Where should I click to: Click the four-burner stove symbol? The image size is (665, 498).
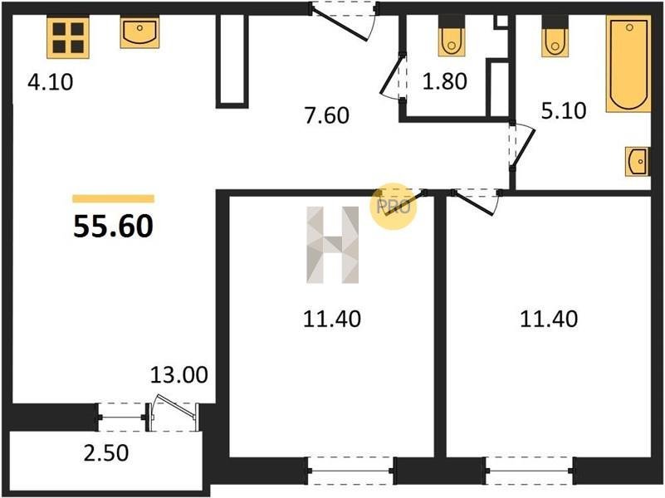coord(68,37)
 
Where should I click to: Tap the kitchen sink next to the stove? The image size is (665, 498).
coord(139,32)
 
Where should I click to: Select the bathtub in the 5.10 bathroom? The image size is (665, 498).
coord(628,64)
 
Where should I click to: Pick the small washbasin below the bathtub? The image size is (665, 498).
coord(638,162)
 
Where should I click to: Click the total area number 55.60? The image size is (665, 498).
coord(113,227)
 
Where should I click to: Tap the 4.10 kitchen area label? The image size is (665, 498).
coord(51,82)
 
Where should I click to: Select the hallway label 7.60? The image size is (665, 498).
coord(327,115)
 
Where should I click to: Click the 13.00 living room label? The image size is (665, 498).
coord(179,374)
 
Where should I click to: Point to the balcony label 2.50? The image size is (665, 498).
coord(106,452)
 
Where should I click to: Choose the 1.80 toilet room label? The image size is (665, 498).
coord(445,81)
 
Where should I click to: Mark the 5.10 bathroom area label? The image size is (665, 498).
coord(564,110)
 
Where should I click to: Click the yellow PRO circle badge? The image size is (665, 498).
coord(394,207)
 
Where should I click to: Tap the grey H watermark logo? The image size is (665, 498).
coord(333,245)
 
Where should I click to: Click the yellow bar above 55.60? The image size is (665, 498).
coord(113,198)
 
